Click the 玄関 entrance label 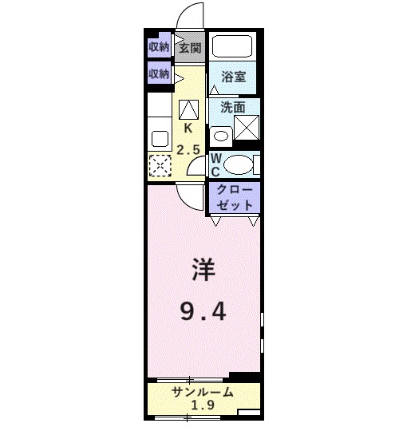coord(189,47)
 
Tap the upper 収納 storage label coord(159,47)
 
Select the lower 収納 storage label coord(159,74)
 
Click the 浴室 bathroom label coord(233,77)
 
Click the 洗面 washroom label coord(233,107)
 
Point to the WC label coord(215,164)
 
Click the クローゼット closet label coord(234,198)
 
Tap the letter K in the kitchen coord(189,128)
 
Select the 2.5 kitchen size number coord(189,149)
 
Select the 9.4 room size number coord(202,310)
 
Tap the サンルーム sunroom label coord(203,392)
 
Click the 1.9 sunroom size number coord(203,406)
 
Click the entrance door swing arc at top coord(188,16)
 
